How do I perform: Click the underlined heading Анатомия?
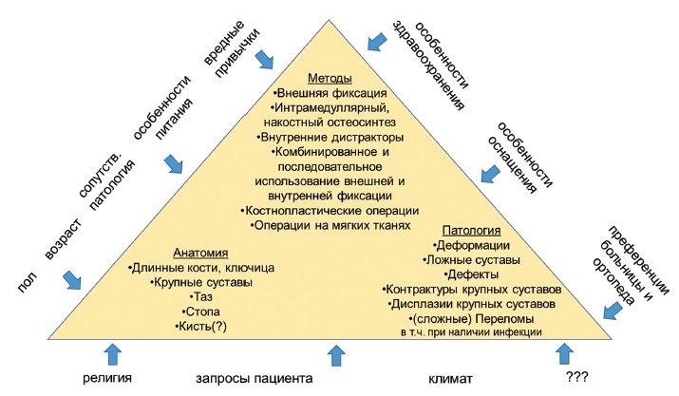pos(203,254)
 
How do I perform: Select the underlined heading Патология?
pos(473,231)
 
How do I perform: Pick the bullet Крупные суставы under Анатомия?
pos(204,283)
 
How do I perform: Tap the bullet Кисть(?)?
pos(204,327)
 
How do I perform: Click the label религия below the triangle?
pos(105,379)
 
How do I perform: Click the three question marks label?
pos(576,379)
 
